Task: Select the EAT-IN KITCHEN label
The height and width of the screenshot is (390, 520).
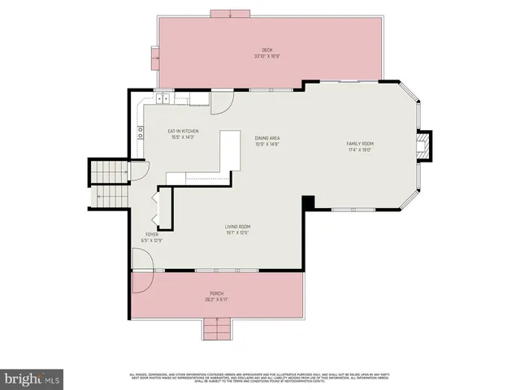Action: coord(183,132)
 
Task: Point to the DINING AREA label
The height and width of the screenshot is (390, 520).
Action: coord(266,138)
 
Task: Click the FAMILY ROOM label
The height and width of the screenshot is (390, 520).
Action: coord(359,143)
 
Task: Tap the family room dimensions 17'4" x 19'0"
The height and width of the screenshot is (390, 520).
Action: coord(359,149)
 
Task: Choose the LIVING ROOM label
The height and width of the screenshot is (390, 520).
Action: coord(237,227)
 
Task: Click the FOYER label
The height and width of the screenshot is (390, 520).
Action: coord(152,234)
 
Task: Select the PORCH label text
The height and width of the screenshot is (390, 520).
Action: coord(216,293)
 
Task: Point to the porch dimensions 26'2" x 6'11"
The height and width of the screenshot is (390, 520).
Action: coord(216,300)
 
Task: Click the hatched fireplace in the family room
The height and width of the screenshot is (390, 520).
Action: coord(422,147)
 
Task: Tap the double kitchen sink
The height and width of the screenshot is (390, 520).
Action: coord(163,99)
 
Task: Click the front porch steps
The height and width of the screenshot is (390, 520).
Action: coord(216,329)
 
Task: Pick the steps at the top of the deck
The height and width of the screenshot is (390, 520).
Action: coord(232,13)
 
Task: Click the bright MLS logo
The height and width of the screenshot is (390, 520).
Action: coord(32,379)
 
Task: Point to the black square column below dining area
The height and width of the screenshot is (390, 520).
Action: coord(308,202)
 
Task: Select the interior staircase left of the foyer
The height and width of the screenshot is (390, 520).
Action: coord(109,184)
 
